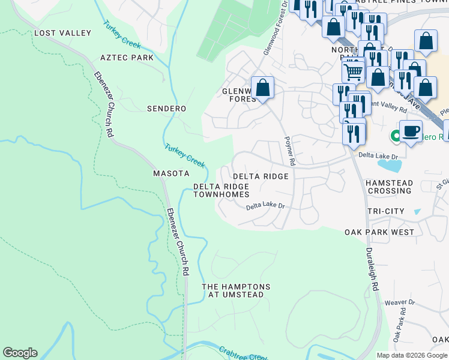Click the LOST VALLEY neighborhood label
pos(62,33)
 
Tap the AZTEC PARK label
pos(127,58)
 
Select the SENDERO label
pos(166,109)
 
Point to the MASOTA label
pos(171,173)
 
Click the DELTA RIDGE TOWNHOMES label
pos(221,191)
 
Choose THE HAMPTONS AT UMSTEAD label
pos(236,291)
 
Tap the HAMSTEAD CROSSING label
pos(389,187)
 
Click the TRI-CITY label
pos(385,211)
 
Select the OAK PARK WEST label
pos(379,232)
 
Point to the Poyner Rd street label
pos(289,151)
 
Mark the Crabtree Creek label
pos(243,353)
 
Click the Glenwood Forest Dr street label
pos(275,28)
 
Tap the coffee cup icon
pos(411,131)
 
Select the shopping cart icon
pos(354,72)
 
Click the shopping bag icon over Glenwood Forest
pos(262,88)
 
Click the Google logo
pos(20,353)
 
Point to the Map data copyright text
pos(411,355)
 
